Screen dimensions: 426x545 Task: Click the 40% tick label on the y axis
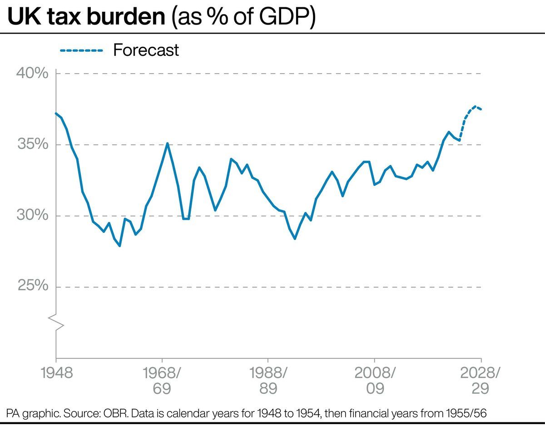pos(32,74)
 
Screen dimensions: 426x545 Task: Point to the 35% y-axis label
pos(32,145)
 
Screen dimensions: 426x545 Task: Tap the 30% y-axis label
pos(32,216)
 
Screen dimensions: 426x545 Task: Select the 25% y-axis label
pos(32,287)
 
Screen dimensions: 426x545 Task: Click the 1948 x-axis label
pos(57,373)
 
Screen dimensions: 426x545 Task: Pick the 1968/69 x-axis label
pos(162,381)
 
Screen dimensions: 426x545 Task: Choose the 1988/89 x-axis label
pos(268,381)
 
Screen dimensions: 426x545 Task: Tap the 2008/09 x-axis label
pos(374,381)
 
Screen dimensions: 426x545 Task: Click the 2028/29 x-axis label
pos(481,381)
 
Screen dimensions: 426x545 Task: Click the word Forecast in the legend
pos(146,50)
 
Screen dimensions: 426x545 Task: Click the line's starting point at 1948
pos(56,113)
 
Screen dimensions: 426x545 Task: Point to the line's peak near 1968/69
pos(167,144)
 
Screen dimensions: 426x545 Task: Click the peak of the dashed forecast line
pos(475,107)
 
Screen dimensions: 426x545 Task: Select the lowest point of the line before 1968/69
pos(119,246)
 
